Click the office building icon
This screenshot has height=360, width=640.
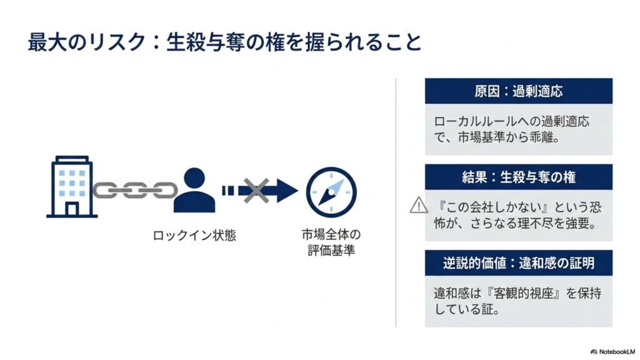72,186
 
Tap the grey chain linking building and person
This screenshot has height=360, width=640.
135,190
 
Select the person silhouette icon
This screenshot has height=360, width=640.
194,190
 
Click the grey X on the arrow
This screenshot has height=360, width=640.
256,191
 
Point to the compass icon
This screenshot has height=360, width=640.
331,192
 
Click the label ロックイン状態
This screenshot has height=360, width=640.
194,236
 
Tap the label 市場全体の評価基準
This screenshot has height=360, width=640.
331,242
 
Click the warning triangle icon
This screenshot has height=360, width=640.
419,205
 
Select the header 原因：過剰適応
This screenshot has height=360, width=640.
518,91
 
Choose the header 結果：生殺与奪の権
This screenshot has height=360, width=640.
518,177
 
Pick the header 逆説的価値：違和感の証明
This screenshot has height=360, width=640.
518,263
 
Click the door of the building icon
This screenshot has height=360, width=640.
72,209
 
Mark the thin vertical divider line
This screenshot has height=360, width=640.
396,202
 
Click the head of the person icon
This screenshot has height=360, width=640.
194,178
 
